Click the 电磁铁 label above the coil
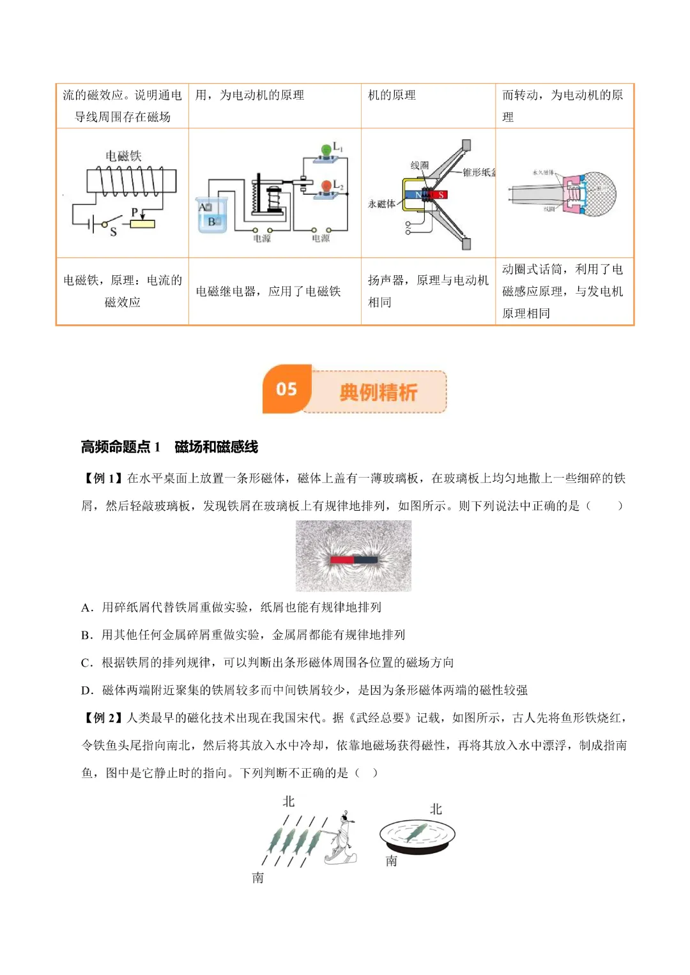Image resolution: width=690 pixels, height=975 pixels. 123,156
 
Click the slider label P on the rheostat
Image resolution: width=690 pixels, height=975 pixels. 135,212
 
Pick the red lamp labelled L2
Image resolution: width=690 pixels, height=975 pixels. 326,187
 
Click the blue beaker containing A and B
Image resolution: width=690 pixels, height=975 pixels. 211,215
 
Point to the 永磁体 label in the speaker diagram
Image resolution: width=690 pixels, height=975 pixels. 381,204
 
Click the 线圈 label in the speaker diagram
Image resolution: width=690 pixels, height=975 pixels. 419,165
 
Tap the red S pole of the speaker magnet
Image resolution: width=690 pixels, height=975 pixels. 440,195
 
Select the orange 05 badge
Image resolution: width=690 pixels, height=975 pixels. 287,389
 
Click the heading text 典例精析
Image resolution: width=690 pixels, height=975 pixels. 378,392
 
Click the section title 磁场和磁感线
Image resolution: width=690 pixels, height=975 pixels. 216,447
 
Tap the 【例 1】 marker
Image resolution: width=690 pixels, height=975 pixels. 102,478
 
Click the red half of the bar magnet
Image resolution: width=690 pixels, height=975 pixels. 342,560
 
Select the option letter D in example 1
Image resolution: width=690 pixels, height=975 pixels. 87,690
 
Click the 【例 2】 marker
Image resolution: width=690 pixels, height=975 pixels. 102,718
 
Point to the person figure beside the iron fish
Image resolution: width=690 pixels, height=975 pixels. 341,838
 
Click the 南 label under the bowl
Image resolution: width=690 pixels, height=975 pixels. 392,861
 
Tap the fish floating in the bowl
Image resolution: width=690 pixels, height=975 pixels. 416,831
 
